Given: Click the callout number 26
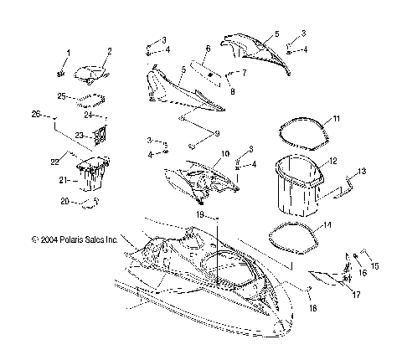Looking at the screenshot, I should pos(36,114).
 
